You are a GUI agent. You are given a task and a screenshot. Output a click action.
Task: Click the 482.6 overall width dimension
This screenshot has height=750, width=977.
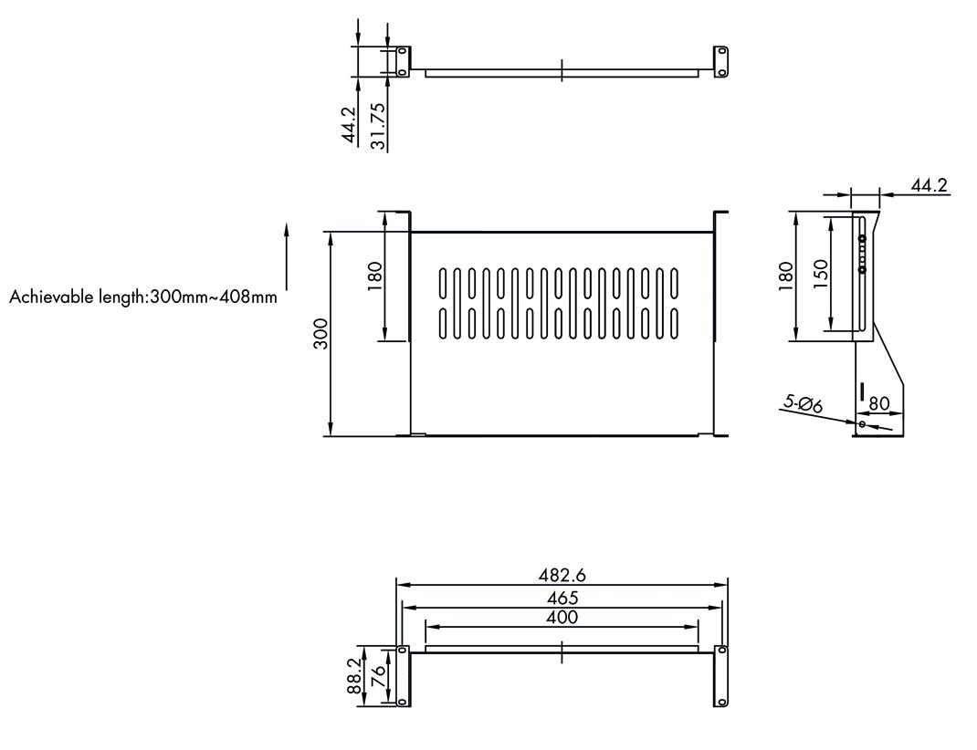562,574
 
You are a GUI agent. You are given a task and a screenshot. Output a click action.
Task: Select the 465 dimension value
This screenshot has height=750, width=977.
562,599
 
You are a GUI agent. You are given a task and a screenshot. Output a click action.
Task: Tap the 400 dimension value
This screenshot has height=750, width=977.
562,618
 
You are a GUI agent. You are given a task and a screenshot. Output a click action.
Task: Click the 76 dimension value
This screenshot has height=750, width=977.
378,676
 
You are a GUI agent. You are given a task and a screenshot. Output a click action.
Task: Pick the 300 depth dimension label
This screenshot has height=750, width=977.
320,334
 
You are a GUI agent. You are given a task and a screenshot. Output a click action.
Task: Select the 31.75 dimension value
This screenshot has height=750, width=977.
378,126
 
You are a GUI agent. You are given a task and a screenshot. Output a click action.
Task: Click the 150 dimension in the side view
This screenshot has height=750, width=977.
821,274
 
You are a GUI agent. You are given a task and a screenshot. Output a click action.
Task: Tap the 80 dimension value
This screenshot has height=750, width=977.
878,404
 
